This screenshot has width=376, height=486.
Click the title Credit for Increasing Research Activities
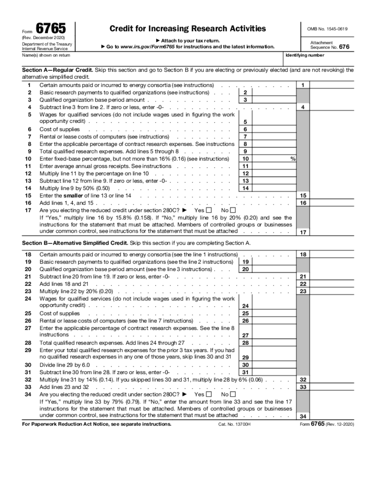pyautogui.click(x=188, y=28)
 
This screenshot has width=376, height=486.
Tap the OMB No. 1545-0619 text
pyautogui.click(x=328, y=29)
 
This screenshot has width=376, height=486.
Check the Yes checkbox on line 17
pyautogui.click(x=209, y=210)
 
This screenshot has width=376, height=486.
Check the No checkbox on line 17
pyautogui.click(x=233, y=210)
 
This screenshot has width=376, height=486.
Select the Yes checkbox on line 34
pyautogui.click(x=209, y=394)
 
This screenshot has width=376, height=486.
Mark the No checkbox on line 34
pyautogui.click(x=233, y=394)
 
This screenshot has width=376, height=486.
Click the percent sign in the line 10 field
pyautogui.click(x=293, y=159)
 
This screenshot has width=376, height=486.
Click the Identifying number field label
pyautogui.click(x=305, y=55)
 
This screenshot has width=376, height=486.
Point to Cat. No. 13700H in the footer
pyautogui.click(x=234, y=424)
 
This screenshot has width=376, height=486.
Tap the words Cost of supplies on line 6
pyautogui.click(x=59, y=129)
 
